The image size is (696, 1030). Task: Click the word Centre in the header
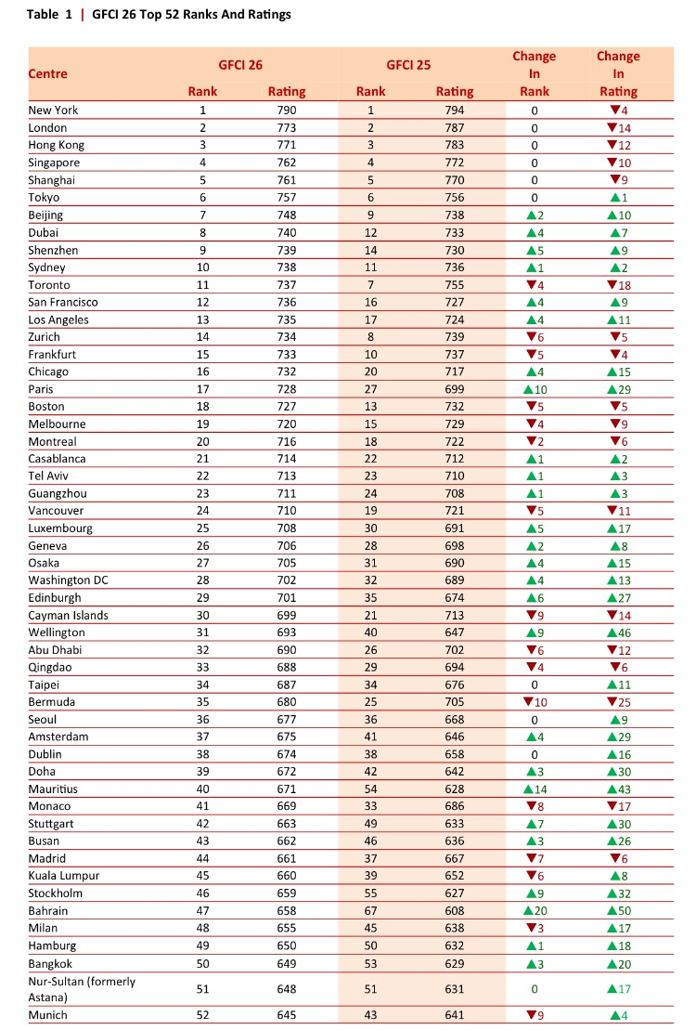[x=48, y=72]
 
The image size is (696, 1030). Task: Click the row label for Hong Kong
[x=57, y=145]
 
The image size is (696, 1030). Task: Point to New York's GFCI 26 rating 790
[x=286, y=111]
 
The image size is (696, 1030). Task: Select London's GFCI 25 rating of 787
[x=454, y=127]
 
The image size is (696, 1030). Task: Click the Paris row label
[x=42, y=389]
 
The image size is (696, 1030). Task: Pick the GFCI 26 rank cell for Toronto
[x=201, y=285]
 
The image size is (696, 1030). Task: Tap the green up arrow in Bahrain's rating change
[x=612, y=911]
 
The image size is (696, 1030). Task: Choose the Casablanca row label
[x=58, y=459]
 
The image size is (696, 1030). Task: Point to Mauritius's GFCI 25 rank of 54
[x=370, y=789]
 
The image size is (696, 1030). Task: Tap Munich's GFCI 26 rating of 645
[x=286, y=1015]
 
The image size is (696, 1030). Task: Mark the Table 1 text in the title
[x=49, y=15]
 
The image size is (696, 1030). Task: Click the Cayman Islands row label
[x=69, y=615]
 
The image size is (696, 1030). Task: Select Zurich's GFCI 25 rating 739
[x=454, y=337]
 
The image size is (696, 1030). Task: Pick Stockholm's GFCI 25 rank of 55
[x=370, y=893]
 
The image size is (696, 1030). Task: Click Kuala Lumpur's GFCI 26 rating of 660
[x=286, y=877]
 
